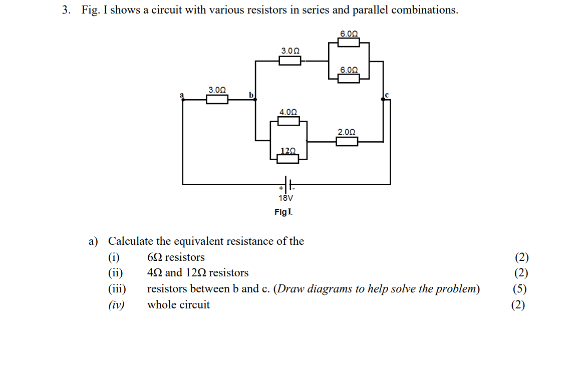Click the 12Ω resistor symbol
pyautogui.click(x=288, y=158)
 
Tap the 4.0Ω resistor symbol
pyautogui.click(x=288, y=121)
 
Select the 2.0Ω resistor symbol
pyautogui.click(x=347, y=142)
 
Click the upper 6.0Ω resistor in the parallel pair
pyautogui.click(x=349, y=42)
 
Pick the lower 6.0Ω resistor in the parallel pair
pyautogui.click(x=349, y=78)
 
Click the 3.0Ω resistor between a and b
pyautogui.click(x=217, y=99)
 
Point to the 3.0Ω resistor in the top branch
pyautogui.click(x=289, y=61)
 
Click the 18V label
pyautogui.click(x=286, y=198)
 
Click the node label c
pyautogui.click(x=387, y=95)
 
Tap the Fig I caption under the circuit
pyautogui.click(x=283, y=212)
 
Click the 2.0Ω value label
pyautogui.click(x=347, y=132)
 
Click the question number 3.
pyautogui.click(x=66, y=11)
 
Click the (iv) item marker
pyautogui.click(x=117, y=305)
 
